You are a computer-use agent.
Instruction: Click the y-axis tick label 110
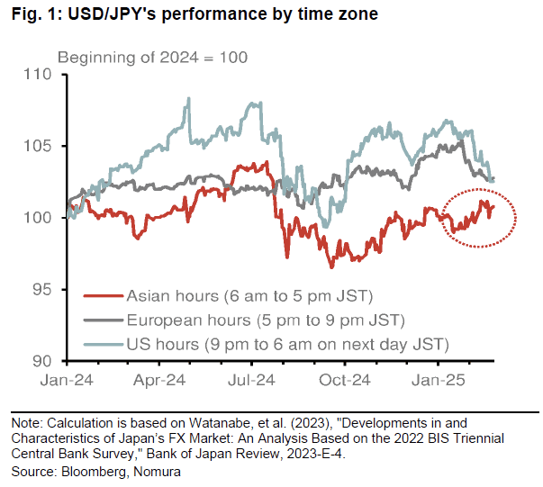click(41, 74)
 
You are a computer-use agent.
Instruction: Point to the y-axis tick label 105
click(41, 146)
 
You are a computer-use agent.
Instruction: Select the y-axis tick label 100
click(41, 218)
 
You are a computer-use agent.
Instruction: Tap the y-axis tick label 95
click(45, 290)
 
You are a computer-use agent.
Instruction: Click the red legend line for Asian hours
click(102, 295)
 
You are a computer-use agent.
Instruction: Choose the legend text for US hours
click(287, 345)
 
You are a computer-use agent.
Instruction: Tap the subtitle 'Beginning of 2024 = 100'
click(152, 58)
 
